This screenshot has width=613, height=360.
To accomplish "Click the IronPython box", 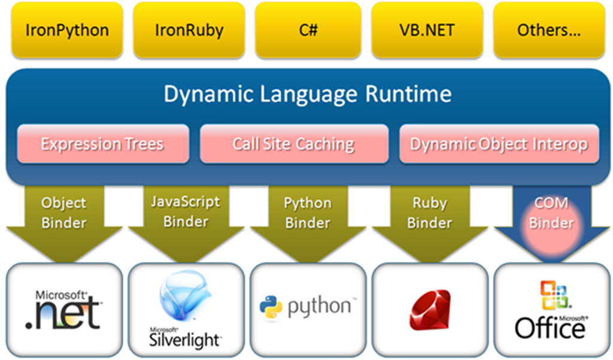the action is click(x=67, y=30).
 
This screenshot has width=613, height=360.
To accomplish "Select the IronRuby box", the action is click(x=189, y=30).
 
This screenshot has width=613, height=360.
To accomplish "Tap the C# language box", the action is click(x=308, y=30).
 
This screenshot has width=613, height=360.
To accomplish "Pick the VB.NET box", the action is click(x=427, y=30).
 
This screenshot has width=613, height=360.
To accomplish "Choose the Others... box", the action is click(x=550, y=30).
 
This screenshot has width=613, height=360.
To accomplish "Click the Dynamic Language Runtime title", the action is click(x=308, y=94).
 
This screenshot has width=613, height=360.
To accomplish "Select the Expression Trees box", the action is click(x=103, y=144).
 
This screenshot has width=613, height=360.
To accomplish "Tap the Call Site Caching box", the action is click(x=294, y=144).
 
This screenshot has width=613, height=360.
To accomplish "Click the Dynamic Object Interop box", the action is click(x=499, y=144).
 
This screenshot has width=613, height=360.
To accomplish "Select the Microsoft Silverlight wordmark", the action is click(x=185, y=338).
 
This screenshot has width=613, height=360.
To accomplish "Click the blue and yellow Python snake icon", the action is click(x=271, y=307).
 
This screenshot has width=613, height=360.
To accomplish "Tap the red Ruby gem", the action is click(x=430, y=310).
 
